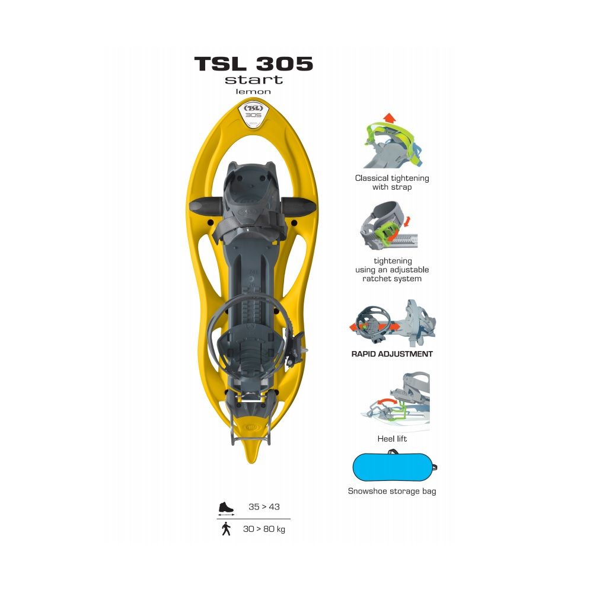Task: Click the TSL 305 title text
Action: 254,63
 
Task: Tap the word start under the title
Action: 254,80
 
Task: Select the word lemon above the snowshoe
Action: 253,91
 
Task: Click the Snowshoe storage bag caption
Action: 392,491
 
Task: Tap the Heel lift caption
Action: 392,439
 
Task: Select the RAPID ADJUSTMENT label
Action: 392,354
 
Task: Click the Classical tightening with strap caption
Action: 392,182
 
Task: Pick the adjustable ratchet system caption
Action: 392,270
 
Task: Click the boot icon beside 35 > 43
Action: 226,508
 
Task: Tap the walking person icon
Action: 226,529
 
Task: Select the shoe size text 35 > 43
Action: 264,507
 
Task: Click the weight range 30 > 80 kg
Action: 264,529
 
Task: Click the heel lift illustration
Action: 395,401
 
